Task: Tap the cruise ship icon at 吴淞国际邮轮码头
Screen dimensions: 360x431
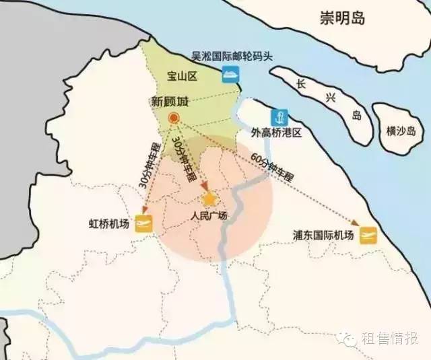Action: coord(232,77)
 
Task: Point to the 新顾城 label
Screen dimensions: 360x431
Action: coord(170,102)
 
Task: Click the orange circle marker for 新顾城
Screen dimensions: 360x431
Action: coord(173,118)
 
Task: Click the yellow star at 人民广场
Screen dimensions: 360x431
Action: coord(209,199)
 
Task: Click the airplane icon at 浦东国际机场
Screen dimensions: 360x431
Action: coord(368,235)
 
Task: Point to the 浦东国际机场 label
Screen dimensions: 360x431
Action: coord(323,236)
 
